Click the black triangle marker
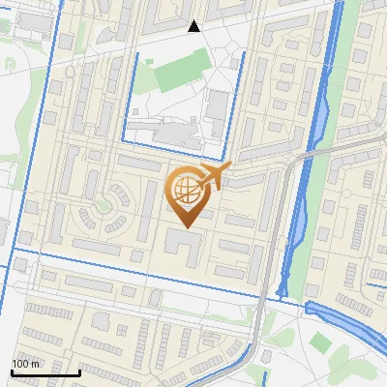[x=194, y=26]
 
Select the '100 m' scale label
[x=26, y=363]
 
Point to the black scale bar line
[x=45, y=372]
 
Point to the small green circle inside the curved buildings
[x=120, y=201]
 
